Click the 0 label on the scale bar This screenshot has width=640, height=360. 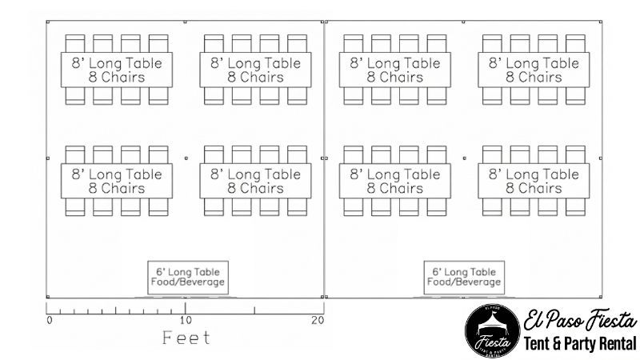coord(50,321)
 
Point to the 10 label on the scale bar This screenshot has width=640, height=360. coord(185,320)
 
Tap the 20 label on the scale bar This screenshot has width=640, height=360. coord(318,321)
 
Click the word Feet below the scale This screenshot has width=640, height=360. coord(186,338)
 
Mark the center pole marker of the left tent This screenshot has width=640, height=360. coord(185,158)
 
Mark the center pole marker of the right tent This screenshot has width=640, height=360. coord(464,158)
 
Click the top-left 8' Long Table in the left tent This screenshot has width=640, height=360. coord(116,70)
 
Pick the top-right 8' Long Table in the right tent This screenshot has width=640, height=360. coord(534,70)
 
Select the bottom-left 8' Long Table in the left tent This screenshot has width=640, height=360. coord(116,181)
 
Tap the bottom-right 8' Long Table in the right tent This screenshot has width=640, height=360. coord(534,181)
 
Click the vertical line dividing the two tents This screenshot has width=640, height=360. coord(324,224)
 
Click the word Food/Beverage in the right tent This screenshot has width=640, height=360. coord(464,282)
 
